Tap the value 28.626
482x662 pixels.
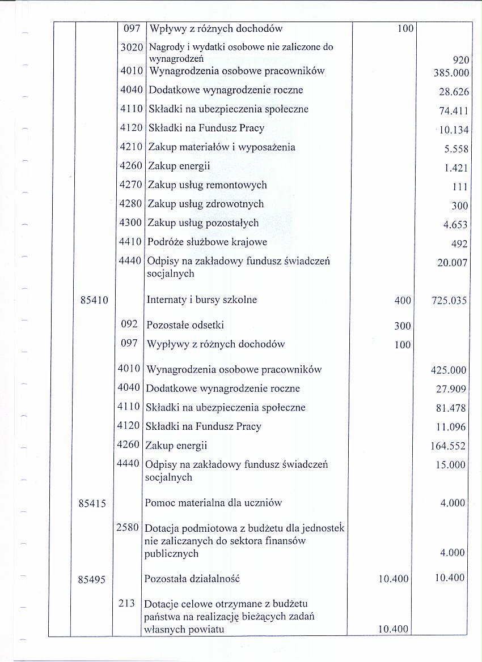454,92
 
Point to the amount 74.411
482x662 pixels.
454,111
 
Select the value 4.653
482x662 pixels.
455,225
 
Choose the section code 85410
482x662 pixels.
95,300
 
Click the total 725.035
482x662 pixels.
449,301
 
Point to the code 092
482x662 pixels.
130,324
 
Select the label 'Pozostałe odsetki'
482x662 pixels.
185,325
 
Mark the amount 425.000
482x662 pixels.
449,370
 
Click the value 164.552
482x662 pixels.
449,446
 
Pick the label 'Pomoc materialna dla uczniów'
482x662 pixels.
213,503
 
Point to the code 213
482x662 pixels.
127,604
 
